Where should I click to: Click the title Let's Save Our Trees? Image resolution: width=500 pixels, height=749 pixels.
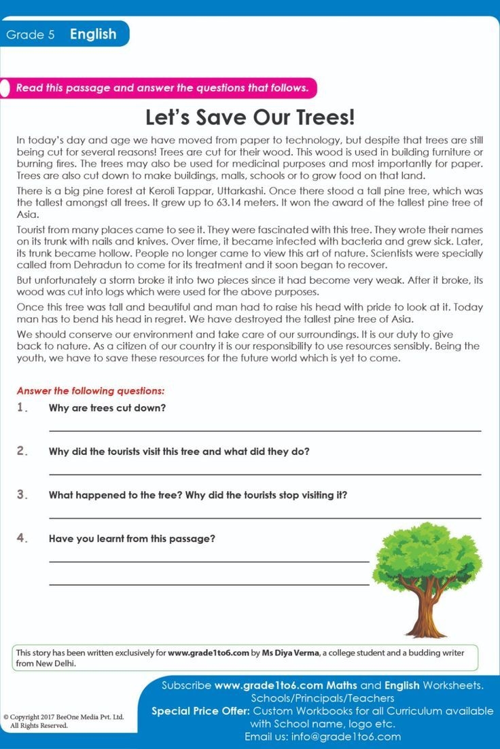250,117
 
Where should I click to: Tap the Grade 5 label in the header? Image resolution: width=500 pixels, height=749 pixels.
31,35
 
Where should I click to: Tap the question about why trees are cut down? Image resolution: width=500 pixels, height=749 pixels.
107,408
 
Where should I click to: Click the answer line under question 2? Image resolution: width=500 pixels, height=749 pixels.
265,474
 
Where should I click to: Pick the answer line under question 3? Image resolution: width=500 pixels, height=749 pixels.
265,517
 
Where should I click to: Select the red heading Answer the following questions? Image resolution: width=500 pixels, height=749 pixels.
90,391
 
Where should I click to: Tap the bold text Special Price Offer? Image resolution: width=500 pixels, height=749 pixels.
200,711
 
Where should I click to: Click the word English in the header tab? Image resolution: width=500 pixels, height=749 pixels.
93,34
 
